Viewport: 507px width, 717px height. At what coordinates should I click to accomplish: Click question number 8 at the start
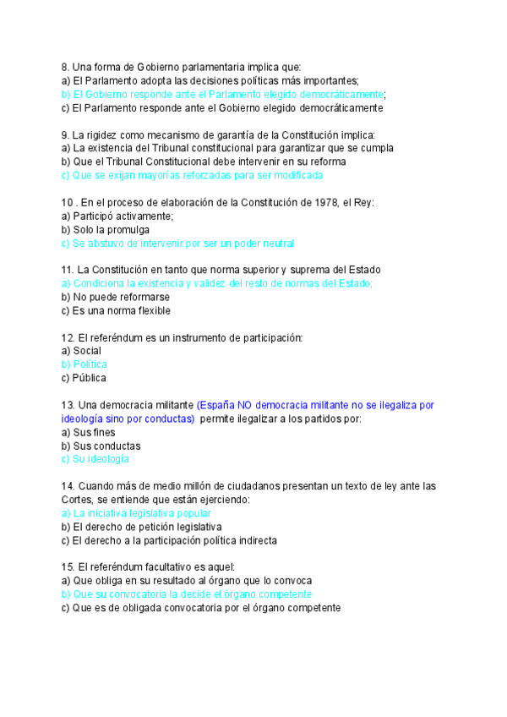pos(65,67)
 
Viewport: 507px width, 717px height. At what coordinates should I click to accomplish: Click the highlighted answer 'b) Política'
pos(84,364)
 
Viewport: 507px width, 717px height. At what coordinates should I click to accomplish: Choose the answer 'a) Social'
pos(81,351)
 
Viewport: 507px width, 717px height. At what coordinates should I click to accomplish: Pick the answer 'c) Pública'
pos(84,378)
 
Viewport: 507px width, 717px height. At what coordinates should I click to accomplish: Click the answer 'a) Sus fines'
pos(87,432)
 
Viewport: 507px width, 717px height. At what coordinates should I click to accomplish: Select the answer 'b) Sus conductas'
pos(101,446)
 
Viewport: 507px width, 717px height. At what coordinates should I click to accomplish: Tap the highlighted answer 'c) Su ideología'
pos(95,459)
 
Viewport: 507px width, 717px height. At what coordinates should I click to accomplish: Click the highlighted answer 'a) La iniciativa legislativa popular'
pos(136,513)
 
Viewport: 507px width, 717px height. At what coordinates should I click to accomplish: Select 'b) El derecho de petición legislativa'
pos(135,527)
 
